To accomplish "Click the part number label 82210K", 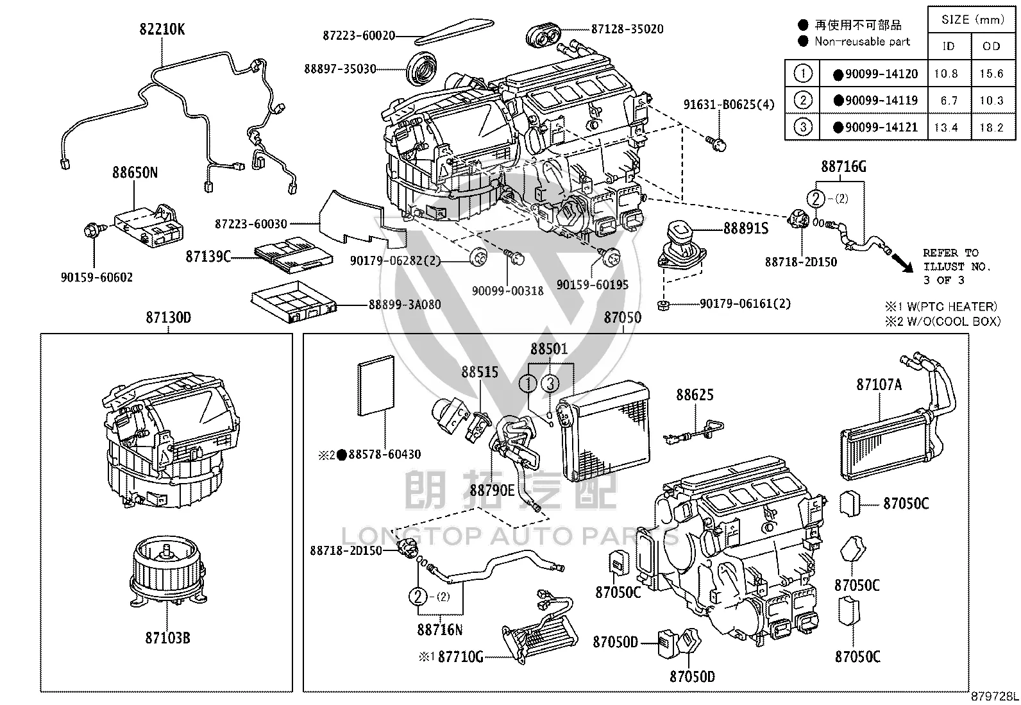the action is click(162, 29).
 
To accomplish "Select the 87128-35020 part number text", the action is click(627, 29).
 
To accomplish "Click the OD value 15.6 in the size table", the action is click(991, 73).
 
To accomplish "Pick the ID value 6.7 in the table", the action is click(949, 100).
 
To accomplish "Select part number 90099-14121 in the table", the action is click(881, 127).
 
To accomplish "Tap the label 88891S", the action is click(746, 228).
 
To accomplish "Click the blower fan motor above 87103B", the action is click(167, 572).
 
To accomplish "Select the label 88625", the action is click(695, 395).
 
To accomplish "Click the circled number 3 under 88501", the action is click(550, 384).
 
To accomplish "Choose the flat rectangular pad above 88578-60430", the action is click(376, 386).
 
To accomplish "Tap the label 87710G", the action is click(460, 657).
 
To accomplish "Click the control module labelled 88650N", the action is click(149, 226).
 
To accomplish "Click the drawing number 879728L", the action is click(994, 696).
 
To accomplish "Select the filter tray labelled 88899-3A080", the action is click(294, 301).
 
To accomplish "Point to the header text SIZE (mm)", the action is click(972, 20).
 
